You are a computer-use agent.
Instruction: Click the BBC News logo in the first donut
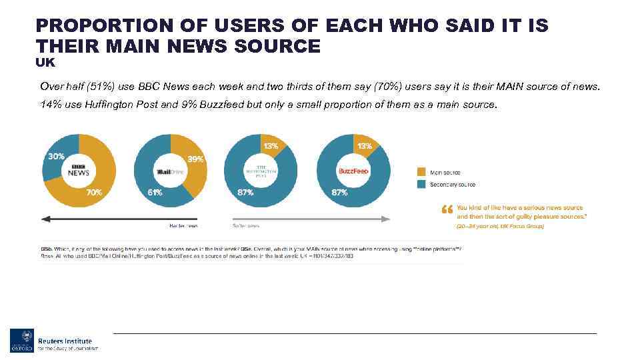tap(79, 171)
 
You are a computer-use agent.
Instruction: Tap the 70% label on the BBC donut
tap(95, 192)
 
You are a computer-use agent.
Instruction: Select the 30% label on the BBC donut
tap(55, 156)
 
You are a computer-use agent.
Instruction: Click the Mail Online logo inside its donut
tap(169, 171)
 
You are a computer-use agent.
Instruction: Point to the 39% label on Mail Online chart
tap(196, 159)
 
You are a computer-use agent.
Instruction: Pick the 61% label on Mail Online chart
tap(155, 193)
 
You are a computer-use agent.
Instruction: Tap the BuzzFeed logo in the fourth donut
tap(353, 171)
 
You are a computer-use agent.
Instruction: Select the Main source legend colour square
tap(421, 172)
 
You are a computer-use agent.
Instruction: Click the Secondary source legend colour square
tap(421, 184)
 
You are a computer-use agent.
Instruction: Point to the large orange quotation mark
tap(447, 211)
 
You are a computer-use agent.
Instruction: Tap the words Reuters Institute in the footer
tap(65, 341)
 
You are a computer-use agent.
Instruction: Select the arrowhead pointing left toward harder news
tap(45, 217)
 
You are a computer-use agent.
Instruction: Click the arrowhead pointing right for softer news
tap(387, 217)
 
